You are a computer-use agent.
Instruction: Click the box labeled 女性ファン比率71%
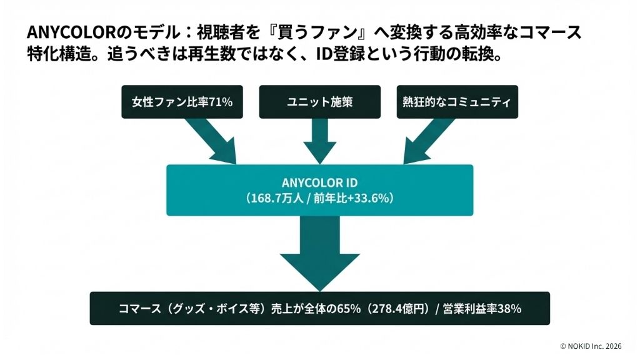pyautogui.click(x=182, y=101)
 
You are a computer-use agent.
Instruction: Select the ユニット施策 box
pyautogui.click(x=319, y=101)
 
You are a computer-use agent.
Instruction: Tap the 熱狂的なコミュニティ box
pyautogui.click(x=456, y=101)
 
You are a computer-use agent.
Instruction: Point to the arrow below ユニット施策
pyautogui.click(x=319, y=141)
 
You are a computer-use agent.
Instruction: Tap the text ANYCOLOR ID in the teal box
pyautogui.click(x=319, y=182)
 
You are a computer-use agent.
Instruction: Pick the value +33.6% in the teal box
pyautogui.click(x=364, y=198)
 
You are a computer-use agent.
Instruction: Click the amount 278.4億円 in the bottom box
pyautogui.click(x=400, y=309)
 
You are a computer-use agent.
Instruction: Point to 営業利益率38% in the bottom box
pyautogui.click(x=482, y=309)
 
